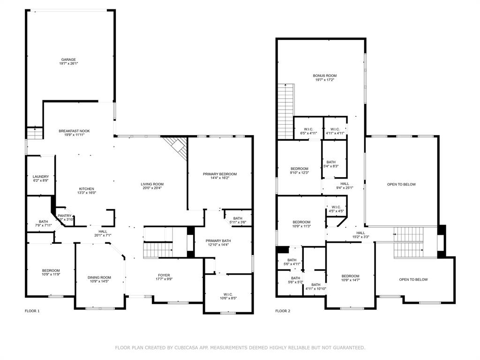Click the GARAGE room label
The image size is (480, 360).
(68, 60)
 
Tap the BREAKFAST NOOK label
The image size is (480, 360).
(74, 131)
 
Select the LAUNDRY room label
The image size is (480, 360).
(41, 177)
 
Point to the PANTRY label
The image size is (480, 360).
(65, 216)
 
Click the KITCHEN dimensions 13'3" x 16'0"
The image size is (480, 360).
(86, 193)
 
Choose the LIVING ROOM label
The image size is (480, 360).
(152, 184)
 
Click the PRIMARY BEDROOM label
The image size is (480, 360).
(220, 174)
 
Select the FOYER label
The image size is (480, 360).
(164, 275)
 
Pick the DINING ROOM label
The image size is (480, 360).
(100, 277)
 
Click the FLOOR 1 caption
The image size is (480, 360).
(32, 311)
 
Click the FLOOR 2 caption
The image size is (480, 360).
(283, 311)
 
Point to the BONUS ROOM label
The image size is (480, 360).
(325, 75)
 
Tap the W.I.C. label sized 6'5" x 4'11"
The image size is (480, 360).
(308, 129)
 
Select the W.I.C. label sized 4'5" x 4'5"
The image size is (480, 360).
(336, 207)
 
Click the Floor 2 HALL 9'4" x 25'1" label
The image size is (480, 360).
(345, 184)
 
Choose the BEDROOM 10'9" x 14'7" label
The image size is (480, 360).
(350, 276)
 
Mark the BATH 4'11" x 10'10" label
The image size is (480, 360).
(316, 285)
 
